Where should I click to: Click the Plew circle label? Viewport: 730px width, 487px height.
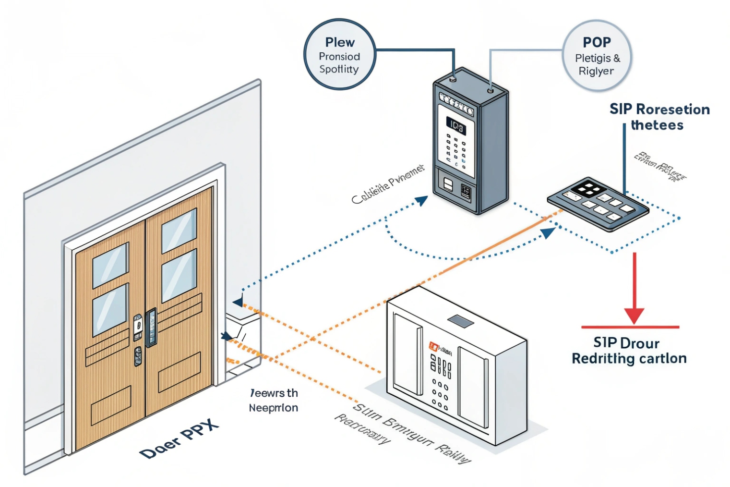[339, 54]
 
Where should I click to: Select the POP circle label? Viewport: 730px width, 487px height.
[597, 56]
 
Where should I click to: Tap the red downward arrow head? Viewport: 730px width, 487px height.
[634, 315]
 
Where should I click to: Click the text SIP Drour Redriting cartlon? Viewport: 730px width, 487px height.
[629, 351]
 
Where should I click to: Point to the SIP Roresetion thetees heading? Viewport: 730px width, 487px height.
[659, 117]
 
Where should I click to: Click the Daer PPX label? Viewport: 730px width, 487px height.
[179, 439]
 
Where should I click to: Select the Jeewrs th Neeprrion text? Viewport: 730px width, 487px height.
[274, 400]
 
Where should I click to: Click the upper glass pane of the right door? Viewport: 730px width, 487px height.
[179, 231]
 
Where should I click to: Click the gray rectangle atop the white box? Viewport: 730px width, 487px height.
[460, 321]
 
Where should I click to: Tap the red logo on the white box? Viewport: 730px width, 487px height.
[434, 346]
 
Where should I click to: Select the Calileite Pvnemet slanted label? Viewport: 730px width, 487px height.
[388, 184]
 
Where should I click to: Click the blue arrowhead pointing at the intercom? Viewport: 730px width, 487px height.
[422, 200]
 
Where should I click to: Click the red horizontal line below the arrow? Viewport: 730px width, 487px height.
[630, 327]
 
